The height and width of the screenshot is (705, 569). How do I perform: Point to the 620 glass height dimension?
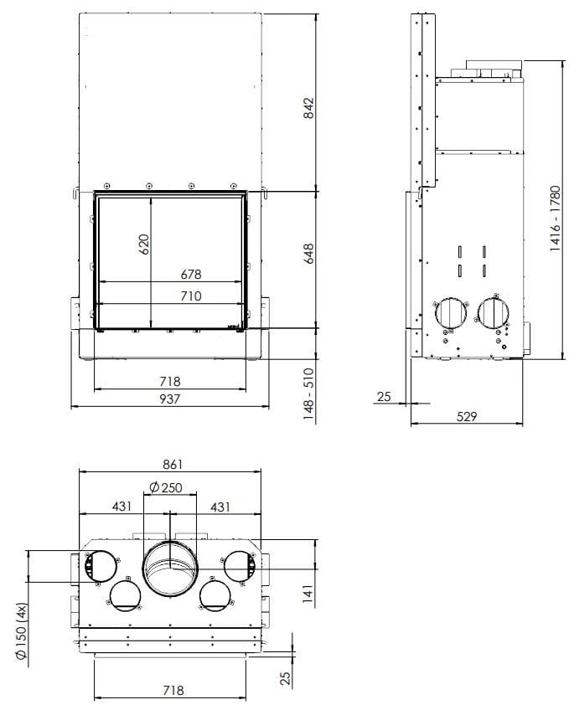click(x=143, y=244)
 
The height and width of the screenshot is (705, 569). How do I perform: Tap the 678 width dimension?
click(x=190, y=274)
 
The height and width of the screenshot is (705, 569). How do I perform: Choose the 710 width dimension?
click(x=190, y=296)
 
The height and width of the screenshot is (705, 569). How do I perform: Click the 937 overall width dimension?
click(x=169, y=399)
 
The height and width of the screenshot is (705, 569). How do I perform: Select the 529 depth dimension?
click(x=467, y=416)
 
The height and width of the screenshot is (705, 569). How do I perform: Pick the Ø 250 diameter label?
click(x=164, y=487)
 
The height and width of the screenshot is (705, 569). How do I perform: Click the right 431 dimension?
click(x=220, y=507)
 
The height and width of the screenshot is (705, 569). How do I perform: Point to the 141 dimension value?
click(x=308, y=594)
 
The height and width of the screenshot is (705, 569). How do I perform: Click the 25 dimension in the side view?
click(x=384, y=396)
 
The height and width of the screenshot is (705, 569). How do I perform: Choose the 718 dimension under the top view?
click(x=172, y=691)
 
